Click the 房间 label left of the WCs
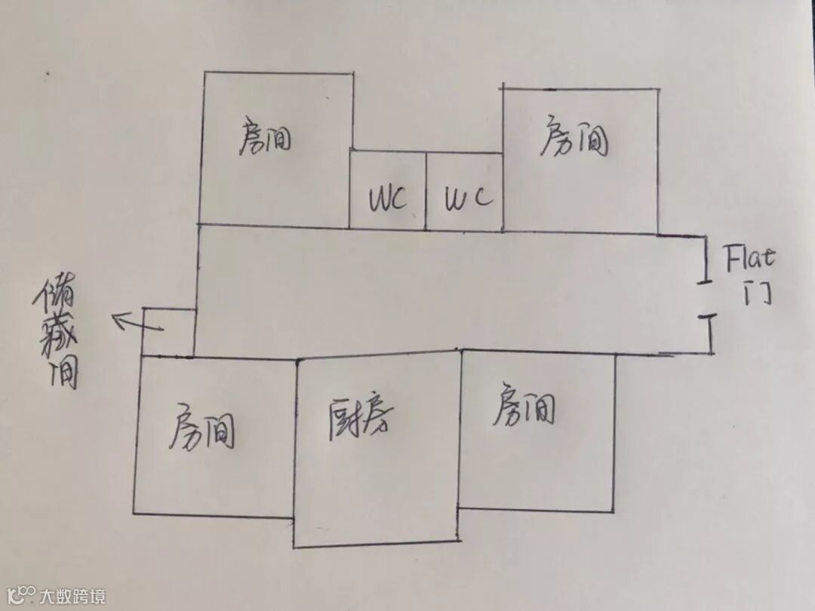click(x=265, y=137)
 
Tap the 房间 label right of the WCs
click(x=574, y=139)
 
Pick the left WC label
click(x=388, y=200)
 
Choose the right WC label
click(x=468, y=198)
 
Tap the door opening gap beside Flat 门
click(x=706, y=299)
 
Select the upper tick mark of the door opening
click(x=705, y=281)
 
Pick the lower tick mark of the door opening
click(x=709, y=317)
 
